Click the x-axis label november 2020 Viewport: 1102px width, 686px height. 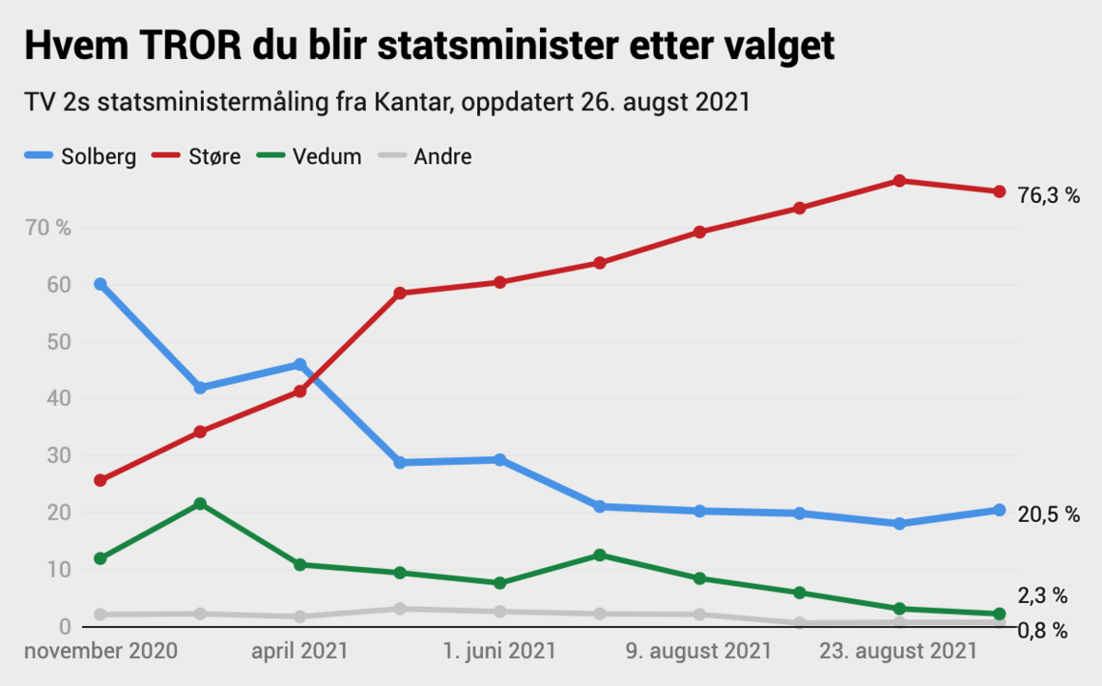click(x=101, y=652)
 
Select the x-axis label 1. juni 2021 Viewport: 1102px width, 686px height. click(x=499, y=652)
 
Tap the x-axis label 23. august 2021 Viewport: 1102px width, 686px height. click(x=899, y=652)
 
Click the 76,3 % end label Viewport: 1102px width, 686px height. click(x=1049, y=196)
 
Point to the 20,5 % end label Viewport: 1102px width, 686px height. click(x=1049, y=514)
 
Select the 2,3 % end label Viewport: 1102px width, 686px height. click(x=1042, y=596)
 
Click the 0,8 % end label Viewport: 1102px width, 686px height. click(x=1042, y=631)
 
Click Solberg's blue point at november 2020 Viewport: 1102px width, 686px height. click(x=100, y=284)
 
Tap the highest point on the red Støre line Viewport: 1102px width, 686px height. click(x=899, y=180)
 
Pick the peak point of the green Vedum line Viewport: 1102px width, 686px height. click(x=200, y=503)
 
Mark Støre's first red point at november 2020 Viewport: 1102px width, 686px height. click(x=100, y=480)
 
